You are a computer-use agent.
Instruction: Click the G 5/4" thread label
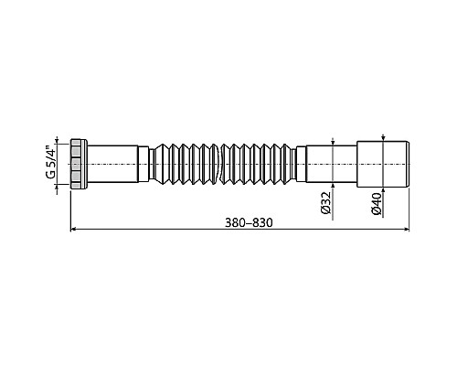[x=55, y=162]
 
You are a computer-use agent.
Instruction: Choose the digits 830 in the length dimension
[x=262, y=223]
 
